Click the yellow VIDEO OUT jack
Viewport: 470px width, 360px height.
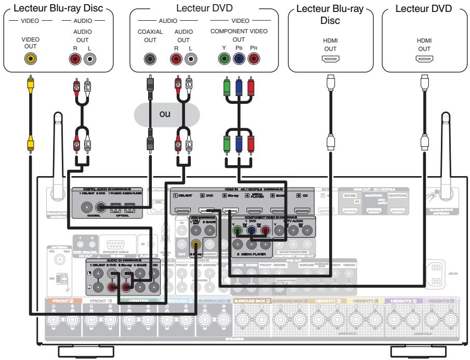[x=31, y=59]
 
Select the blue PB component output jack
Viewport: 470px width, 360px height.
[x=239, y=59]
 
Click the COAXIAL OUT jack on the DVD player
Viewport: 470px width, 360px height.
[x=150, y=59]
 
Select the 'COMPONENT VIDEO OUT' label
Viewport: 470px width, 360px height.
[x=239, y=35]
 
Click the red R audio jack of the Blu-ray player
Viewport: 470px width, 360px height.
[x=76, y=59]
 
